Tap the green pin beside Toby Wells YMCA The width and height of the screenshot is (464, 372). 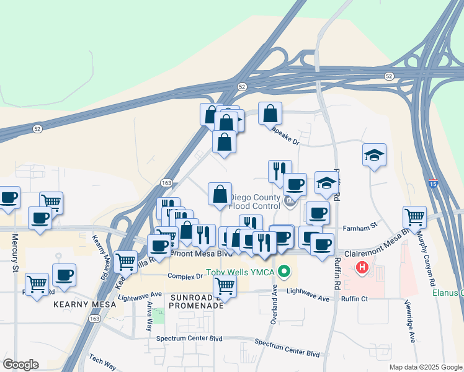click(x=285, y=271)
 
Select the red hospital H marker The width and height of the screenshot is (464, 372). click(x=362, y=268)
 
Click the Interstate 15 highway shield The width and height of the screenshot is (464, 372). click(x=432, y=184)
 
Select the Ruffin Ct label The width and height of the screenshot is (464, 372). click(x=355, y=298)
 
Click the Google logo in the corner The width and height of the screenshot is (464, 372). click(x=20, y=364)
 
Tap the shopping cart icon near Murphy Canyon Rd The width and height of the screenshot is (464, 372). click(x=414, y=217)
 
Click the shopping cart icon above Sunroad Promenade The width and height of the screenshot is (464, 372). click(x=225, y=286)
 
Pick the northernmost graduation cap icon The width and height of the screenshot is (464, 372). click(x=374, y=154)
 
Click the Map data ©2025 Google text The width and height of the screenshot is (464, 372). click(x=425, y=367)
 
